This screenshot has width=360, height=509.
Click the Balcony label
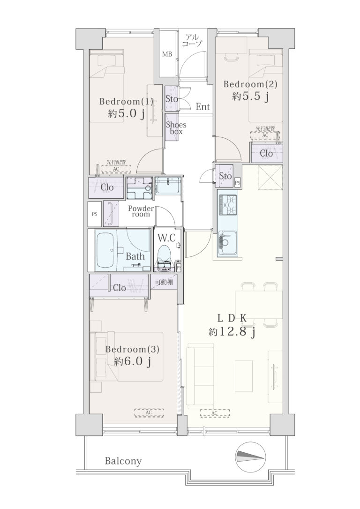(123, 461)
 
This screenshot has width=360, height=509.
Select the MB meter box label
(167, 54)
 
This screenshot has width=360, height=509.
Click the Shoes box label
(176, 128)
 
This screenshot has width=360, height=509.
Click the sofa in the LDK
(200, 375)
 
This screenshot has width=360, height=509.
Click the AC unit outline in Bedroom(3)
(149, 412)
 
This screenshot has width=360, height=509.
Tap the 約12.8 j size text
(232, 332)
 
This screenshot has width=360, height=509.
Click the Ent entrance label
(202, 107)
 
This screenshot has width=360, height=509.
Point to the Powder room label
(141, 211)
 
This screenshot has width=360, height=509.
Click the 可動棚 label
(164, 283)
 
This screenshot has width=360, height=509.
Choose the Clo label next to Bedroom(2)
(266, 153)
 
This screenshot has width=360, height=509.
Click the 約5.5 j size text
(250, 97)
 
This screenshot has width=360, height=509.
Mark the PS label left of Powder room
(95, 214)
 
